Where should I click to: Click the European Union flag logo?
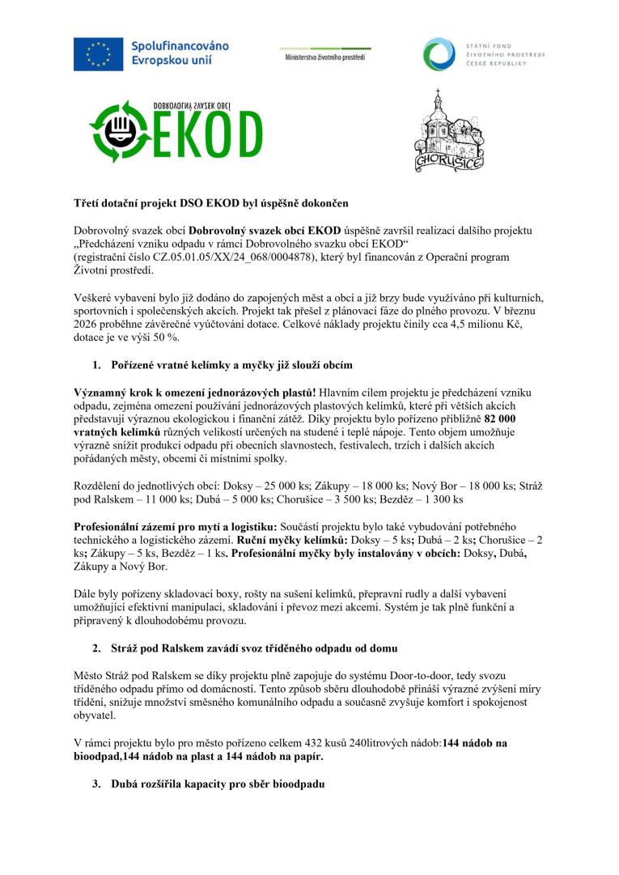pyautogui.click(x=99, y=53)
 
